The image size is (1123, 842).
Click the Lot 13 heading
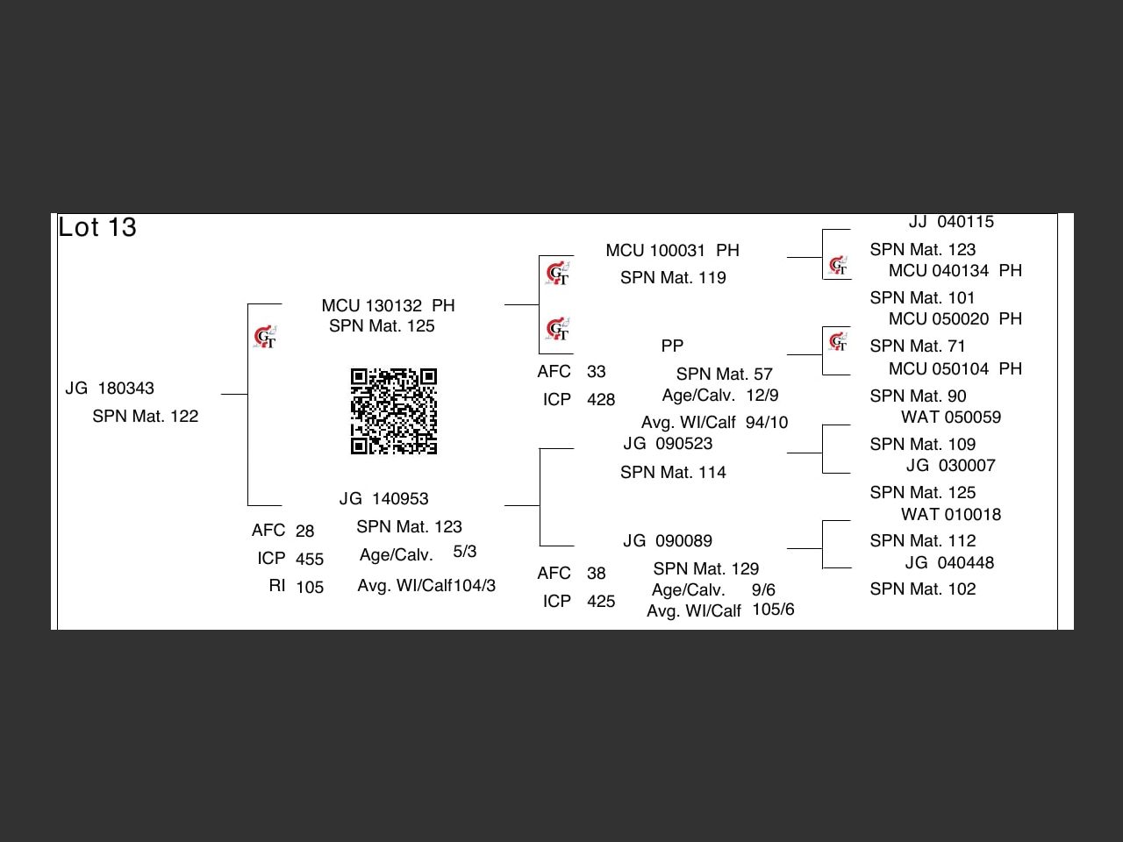(x=97, y=228)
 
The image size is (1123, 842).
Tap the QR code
(x=394, y=411)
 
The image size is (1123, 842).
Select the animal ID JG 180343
(x=110, y=389)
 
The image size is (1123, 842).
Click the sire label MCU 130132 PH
(x=388, y=306)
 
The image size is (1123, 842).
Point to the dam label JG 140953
(x=383, y=499)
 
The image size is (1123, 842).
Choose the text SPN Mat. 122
(x=146, y=417)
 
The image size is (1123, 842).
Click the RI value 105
(x=310, y=588)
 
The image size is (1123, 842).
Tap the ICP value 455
(x=310, y=560)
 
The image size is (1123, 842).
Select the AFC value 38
(x=597, y=574)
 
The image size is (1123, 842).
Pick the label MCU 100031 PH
(x=672, y=251)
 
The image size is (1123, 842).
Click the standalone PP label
(x=672, y=346)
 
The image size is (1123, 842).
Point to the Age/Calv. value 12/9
(x=762, y=396)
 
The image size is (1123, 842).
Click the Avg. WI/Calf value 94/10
(x=767, y=423)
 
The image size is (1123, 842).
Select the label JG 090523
(x=668, y=444)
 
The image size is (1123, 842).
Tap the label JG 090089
(x=668, y=541)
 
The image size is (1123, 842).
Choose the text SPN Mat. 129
(x=706, y=569)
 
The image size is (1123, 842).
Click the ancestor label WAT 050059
(x=951, y=417)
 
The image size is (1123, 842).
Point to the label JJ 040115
(x=951, y=223)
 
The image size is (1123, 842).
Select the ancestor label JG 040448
(x=950, y=563)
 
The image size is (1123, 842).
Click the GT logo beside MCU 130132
(x=265, y=338)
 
